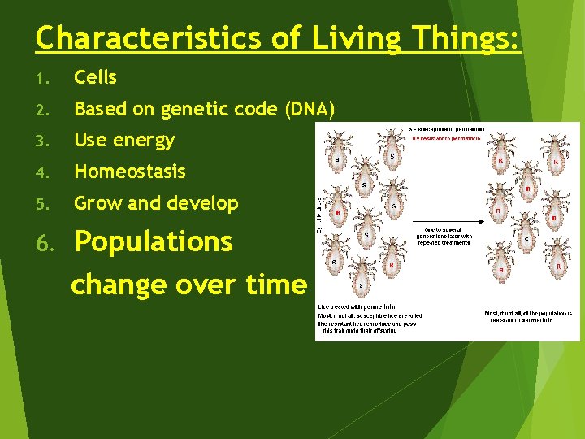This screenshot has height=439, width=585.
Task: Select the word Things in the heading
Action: (x=463, y=38)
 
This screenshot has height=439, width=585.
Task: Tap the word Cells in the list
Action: (x=95, y=78)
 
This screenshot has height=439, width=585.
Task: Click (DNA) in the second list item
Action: (x=310, y=110)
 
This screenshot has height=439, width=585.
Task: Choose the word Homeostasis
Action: (x=130, y=172)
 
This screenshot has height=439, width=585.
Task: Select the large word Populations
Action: (x=154, y=241)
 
